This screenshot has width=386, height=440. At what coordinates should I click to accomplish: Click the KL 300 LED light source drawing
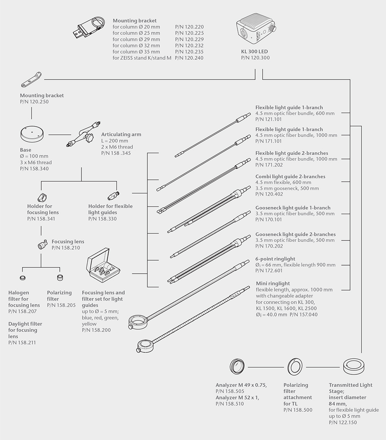pos(255,31)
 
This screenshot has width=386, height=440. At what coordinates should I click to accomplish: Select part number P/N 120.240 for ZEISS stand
pos(189,58)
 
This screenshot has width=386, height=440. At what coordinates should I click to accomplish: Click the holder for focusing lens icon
pos(42,196)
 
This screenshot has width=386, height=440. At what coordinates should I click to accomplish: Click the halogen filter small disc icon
pos(22,278)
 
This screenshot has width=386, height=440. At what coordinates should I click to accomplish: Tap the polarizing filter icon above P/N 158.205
pos(60,278)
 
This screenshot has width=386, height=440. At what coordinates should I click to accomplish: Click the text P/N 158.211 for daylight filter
pos(22,342)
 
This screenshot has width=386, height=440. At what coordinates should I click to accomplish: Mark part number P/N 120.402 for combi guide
pos(269,194)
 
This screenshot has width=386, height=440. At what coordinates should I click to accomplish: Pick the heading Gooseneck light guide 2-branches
pos(295,234)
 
